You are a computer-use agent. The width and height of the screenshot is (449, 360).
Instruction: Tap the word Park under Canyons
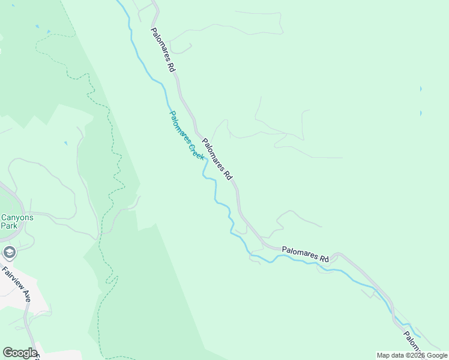[x=9, y=226]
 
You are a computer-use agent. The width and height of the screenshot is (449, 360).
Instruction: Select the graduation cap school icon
[x=9, y=252]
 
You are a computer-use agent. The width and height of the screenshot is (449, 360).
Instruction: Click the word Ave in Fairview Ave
[x=26, y=295]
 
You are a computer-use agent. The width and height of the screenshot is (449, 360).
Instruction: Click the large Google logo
[x=20, y=353]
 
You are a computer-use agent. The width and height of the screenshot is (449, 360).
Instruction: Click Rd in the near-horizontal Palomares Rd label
[x=324, y=259]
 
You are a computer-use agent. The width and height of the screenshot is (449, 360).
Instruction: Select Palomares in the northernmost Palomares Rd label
[x=160, y=46]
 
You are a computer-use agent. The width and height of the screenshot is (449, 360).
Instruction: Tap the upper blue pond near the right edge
[x=421, y=89]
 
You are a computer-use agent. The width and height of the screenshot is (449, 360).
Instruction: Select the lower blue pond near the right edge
[x=421, y=113]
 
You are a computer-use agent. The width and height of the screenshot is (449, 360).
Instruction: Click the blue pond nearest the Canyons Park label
[x=65, y=143]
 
